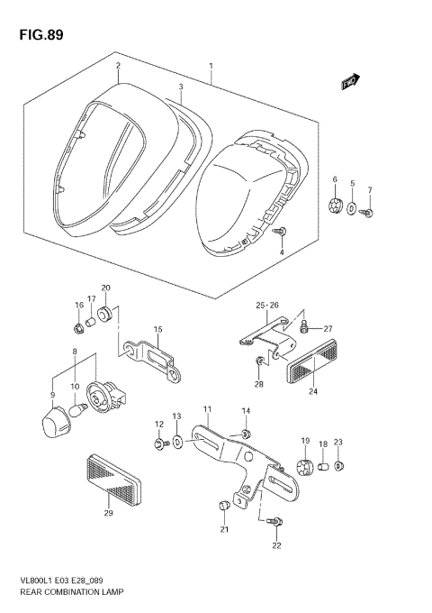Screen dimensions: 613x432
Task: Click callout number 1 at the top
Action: [x=211, y=66]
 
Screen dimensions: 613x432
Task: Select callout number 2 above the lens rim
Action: [x=117, y=66]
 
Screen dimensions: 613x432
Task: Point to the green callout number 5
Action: [x=353, y=184]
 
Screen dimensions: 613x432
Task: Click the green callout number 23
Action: [x=339, y=442]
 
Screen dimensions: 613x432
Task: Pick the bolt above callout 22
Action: [x=274, y=521]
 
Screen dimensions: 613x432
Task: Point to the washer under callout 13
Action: [x=176, y=441]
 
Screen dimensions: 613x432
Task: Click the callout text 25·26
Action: [x=268, y=305]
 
